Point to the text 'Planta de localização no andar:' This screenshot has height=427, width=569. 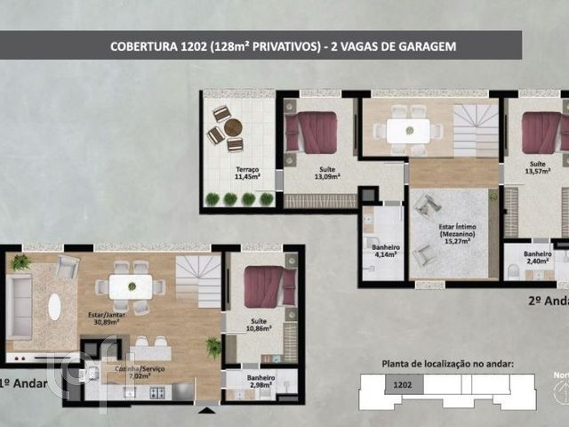click(447, 364)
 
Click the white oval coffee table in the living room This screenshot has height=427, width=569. click(54, 306)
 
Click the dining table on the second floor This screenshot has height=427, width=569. click(409, 131)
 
